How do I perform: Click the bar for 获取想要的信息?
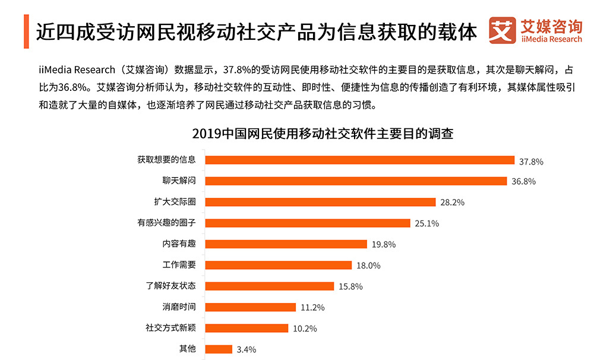pyautogui.click(x=359, y=160)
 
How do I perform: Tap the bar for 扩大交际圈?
pyautogui.click(x=320, y=202)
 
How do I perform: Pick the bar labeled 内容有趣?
pyautogui.click(x=286, y=244)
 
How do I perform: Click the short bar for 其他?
pyautogui.click(x=218, y=349)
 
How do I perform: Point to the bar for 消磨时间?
pyautogui.click(x=250, y=307)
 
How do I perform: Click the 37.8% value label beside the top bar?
pyautogui.click(x=531, y=161)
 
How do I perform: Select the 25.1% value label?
pyautogui.click(x=426, y=223)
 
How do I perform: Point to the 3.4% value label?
pyautogui.click(x=246, y=350)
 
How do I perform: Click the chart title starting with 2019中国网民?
pyautogui.click(x=323, y=134)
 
